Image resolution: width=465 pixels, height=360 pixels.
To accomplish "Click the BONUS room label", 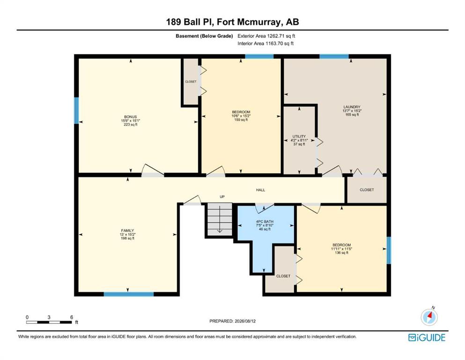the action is (x=131, y=117).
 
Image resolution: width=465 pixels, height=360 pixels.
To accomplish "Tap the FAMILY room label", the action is (x=127, y=231).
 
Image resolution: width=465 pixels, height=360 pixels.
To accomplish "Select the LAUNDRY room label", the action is (x=352, y=107).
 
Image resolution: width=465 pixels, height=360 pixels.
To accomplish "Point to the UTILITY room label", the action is (x=299, y=136).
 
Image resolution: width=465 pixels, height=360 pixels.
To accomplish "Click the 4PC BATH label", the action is (x=265, y=222).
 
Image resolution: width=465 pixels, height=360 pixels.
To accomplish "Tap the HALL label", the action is (x=261, y=190).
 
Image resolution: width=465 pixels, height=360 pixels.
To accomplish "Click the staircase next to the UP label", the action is (x=220, y=219).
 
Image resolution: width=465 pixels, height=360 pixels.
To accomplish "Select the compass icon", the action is (x=429, y=317).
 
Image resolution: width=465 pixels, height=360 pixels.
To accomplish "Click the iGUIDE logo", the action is (x=427, y=338).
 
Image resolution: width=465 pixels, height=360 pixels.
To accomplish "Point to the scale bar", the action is (x=49, y=322).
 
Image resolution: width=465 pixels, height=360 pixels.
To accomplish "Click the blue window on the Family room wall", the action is (x=129, y=294).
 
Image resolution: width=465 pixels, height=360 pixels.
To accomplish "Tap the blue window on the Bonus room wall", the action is (x=76, y=111).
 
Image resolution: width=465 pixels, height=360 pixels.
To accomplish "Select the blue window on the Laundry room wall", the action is (x=334, y=56).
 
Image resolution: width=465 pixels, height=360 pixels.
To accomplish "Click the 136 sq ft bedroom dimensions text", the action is (x=342, y=249).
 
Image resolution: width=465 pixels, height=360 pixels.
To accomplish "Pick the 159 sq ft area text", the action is (x=241, y=120).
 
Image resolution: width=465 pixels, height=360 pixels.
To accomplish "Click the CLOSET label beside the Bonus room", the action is (x=191, y=82).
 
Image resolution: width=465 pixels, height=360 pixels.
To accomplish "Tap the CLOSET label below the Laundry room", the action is (x=367, y=190).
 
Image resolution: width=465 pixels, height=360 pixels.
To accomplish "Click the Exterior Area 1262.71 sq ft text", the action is (x=266, y=36).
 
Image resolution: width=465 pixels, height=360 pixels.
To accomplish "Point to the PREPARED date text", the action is (x=232, y=321).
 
